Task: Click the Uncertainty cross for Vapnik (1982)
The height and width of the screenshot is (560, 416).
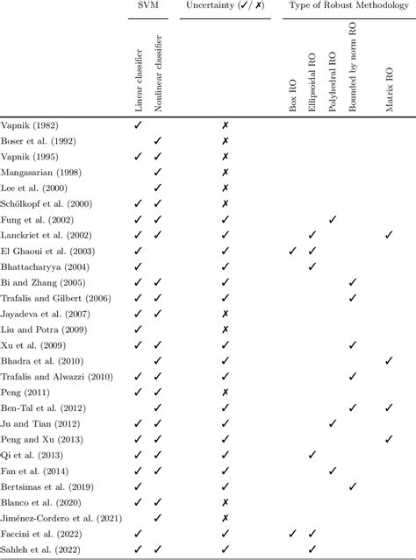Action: coord(226,125)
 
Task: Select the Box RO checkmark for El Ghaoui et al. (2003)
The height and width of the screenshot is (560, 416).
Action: coord(293,251)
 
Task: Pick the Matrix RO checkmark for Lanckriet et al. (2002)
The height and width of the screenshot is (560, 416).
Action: coord(390,235)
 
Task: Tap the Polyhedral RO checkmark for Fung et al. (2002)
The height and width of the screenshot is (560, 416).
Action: coord(333,219)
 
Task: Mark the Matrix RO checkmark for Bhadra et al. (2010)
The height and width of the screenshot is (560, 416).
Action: coord(390,360)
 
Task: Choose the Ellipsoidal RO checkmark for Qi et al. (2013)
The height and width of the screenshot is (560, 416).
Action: coord(312,455)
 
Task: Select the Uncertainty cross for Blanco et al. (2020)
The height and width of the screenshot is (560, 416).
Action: coord(226,502)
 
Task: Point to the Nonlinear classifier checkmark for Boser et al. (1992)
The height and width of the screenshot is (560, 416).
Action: coord(158,141)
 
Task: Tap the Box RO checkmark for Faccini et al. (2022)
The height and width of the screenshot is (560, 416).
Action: coord(293,534)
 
